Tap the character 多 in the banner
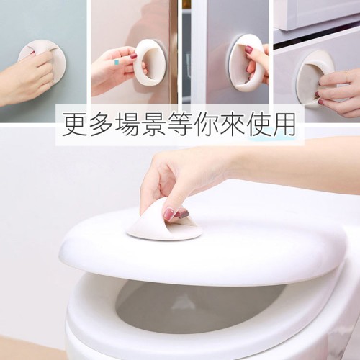point(101,125)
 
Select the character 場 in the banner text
point(127,125)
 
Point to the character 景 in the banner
point(153,125)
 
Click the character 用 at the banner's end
point(284,125)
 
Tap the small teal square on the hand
point(117,63)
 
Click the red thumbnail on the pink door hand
point(133,57)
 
